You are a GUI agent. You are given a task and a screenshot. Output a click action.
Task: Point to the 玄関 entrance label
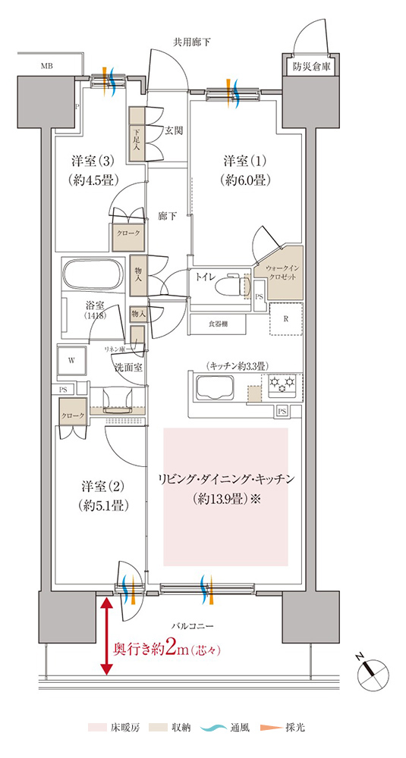pyautogui.click(x=174, y=130)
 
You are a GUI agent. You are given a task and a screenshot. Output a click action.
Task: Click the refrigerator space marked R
pyautogui.click(x=285, y=318)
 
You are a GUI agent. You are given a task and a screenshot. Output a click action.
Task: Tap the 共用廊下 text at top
pyautogui.click(x=191, y=42)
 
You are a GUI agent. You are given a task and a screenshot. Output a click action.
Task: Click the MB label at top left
pyautogui.click(x=47, y=67)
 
